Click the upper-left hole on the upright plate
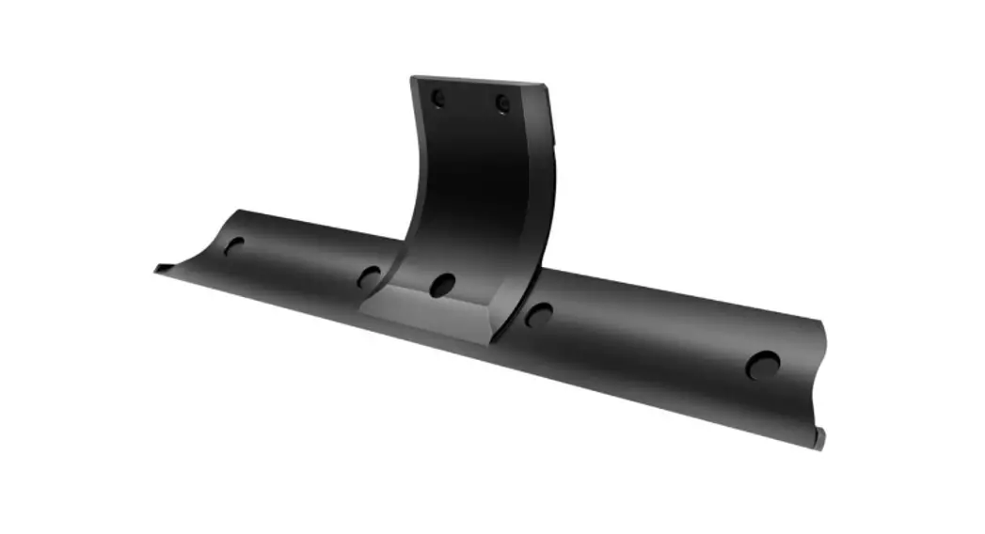pyautogui.click(x=437, y=98)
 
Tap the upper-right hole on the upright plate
pyautogui.click(x=503, y=103)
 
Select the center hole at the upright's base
pyautogui.click(x=442, y=284)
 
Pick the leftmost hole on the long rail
pyautogui.click(x=233, y=246)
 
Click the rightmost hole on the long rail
pyautogui.click(x=763, y=366)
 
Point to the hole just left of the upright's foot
pyautogui.click(x=369, y=277)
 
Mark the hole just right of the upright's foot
pyautogui.click(x=537, y=315)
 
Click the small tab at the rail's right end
pyautogui.click(x=818, y=438)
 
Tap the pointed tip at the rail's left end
pyautogui.click(x=159, y=269)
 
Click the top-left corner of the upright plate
pyautogui.click(x=413, y=78)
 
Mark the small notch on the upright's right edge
pyautogui.click(x=554, y=139)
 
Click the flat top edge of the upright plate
pyautogui.click(x=478, y=81)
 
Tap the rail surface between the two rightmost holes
pyautogui.click(x=649, y=343)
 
